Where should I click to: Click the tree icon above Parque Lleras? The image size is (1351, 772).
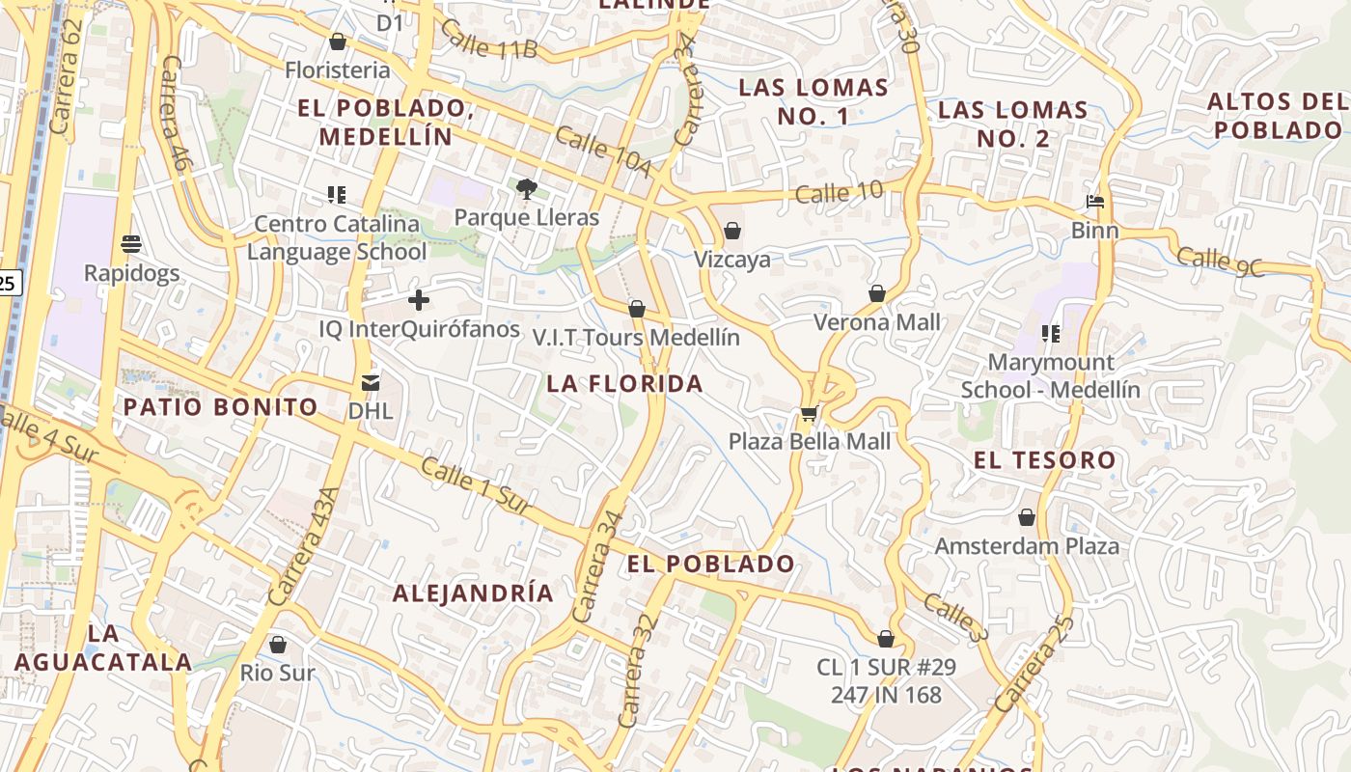(526, 188)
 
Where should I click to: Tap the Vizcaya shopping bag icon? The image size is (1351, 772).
(731, 231)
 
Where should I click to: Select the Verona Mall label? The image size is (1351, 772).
(876, 322)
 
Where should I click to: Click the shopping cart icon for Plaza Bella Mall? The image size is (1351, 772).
(809, 414)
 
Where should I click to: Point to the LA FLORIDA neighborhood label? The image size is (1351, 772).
(625, 384)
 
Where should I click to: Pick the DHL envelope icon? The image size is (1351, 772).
(371, 383)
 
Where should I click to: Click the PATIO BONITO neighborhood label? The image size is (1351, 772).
(220, 407)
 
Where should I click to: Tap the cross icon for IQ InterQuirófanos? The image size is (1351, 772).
(419, 300)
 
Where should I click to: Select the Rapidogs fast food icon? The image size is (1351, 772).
(131, 244)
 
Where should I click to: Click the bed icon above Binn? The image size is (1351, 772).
(1095, 202)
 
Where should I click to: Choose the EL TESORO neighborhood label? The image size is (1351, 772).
(1044, 460)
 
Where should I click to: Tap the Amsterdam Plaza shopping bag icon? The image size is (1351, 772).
(1027, 517)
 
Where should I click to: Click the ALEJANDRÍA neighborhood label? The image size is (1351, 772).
(473, 593)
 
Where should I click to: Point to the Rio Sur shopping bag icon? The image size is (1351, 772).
(278, 644)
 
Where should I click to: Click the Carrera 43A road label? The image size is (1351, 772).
(304, 547)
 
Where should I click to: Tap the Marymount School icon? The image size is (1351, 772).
(1051, 334)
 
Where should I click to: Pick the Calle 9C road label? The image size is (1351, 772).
(1220, 262)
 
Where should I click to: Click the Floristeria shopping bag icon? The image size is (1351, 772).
(338, 41)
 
